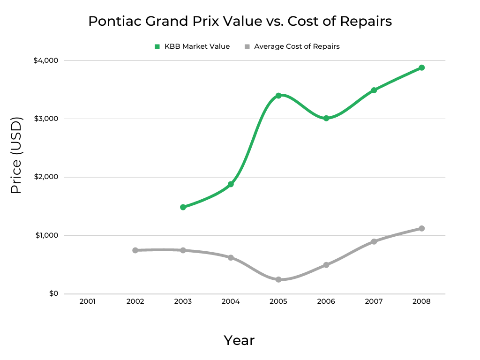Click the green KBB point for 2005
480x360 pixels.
278,96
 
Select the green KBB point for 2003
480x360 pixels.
183,207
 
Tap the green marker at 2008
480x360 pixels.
421,67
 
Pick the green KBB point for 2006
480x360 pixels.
326,118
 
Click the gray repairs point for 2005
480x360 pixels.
278,279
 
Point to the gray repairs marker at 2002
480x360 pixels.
135,250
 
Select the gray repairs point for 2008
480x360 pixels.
421,228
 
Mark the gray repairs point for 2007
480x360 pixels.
374,241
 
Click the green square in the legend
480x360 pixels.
157,46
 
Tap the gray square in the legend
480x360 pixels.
247,46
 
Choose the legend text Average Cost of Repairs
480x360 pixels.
297,46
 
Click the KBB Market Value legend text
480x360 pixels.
197,46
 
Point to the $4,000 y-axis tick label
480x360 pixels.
45,60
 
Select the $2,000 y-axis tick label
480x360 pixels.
45,177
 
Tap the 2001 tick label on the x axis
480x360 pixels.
88,301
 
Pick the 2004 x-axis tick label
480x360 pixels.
231,301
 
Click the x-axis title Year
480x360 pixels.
239,340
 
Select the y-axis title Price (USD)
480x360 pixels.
16,155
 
